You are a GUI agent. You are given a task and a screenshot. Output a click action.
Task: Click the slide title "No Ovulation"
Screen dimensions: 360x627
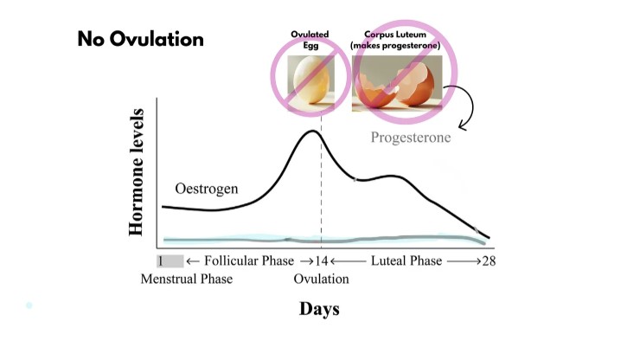(140, 40)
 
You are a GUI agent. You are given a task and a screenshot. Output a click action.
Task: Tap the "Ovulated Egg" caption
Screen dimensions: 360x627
(309, 38)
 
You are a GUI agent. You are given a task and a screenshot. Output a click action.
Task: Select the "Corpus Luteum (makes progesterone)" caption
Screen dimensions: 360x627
(397, 39)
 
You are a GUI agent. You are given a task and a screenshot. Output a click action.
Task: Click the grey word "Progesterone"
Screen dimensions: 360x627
(411, 138)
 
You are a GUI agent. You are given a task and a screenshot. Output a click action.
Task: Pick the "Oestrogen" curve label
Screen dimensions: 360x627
(207, 188)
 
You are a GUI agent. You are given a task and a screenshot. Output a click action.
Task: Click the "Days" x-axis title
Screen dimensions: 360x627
(319, 309)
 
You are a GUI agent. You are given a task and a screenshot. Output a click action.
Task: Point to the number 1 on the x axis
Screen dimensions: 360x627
(161, 260)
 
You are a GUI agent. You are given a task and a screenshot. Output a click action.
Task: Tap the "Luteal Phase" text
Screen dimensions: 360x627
(406, 260)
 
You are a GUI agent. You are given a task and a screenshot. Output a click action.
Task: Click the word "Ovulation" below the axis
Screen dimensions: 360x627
(321, 279)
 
